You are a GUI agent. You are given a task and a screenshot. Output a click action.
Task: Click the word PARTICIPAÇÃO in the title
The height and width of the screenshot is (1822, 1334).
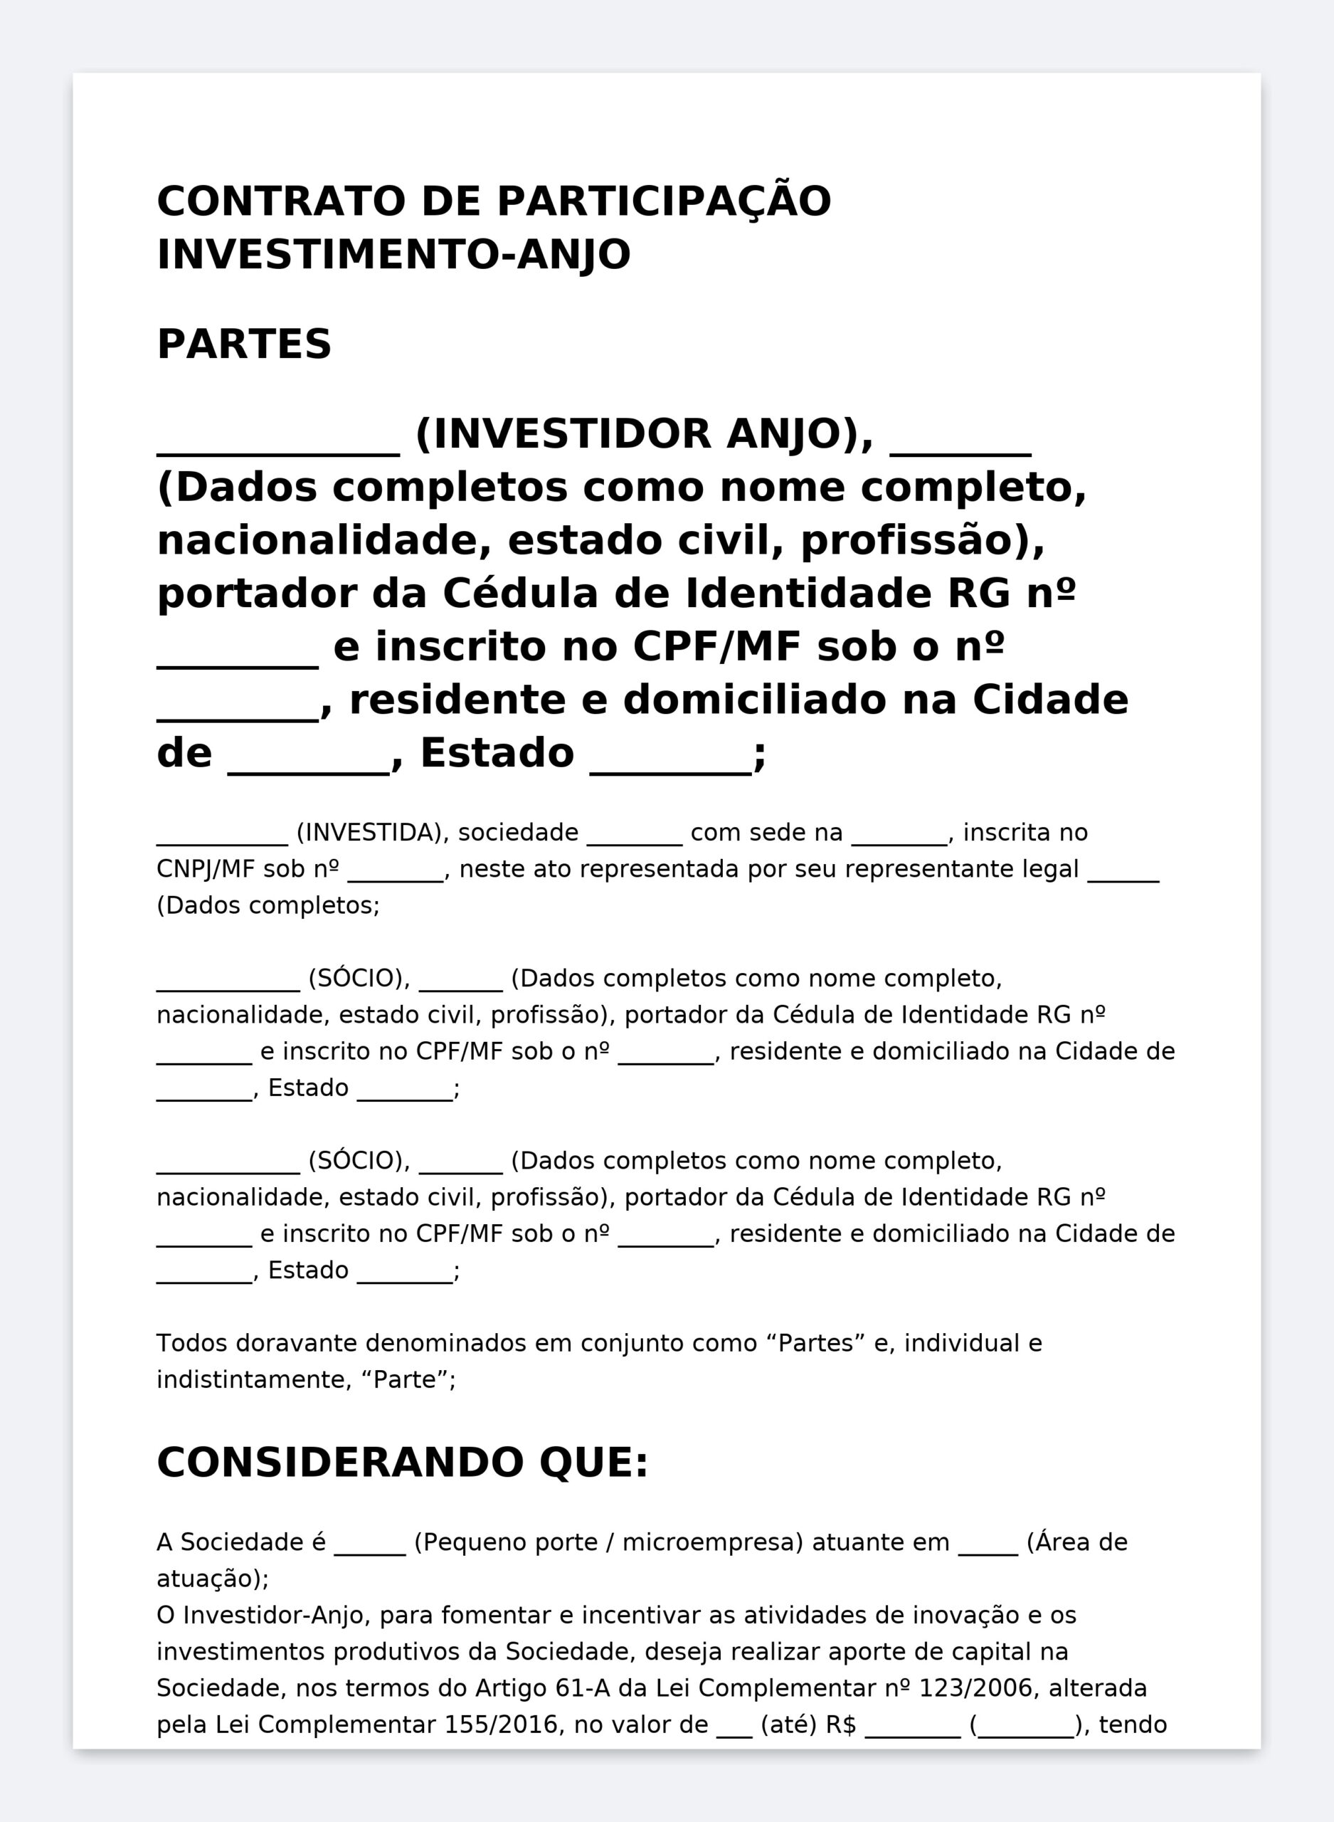point(663,201)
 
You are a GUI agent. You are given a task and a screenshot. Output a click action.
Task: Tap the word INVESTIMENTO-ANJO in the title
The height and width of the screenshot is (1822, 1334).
point(393,254)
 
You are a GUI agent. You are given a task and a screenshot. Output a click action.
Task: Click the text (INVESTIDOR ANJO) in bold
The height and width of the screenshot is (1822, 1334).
point(644,433)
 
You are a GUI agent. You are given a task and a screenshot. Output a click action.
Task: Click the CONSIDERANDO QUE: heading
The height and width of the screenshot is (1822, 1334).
point(402,1463)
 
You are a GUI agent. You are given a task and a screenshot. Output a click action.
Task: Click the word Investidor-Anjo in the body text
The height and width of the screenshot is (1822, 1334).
point(276,1616)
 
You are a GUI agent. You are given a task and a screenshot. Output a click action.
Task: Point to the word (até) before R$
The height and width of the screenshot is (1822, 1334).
point(788,1724)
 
